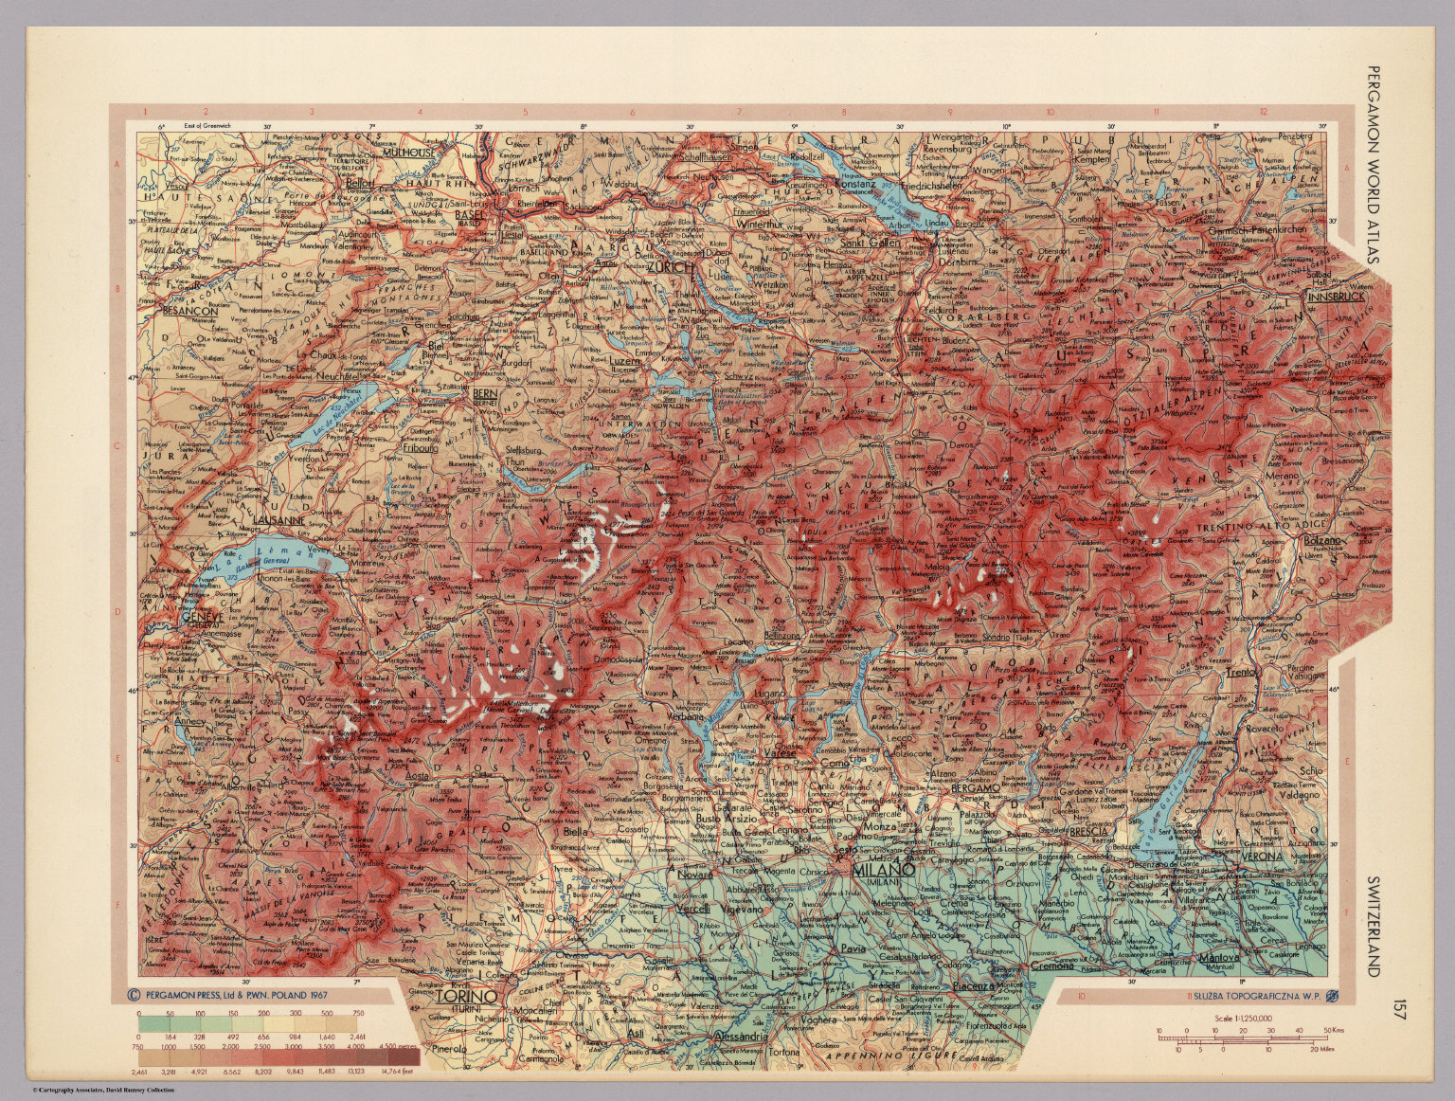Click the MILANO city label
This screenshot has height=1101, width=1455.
[x=881, y=869]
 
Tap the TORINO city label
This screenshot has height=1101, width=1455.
[x=465, y=997]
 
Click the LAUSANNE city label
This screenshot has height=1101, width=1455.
[x=278, y=520]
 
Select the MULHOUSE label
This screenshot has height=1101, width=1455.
[x=408, y=152]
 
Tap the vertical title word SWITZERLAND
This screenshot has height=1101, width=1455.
[x=1374, y=925]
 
